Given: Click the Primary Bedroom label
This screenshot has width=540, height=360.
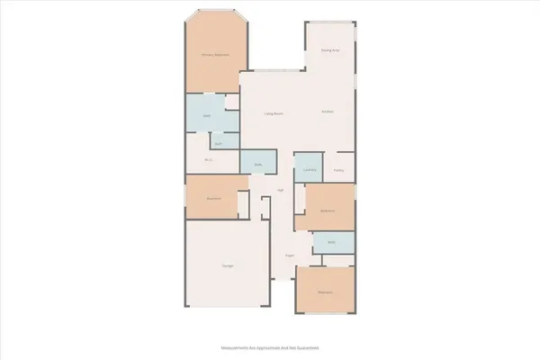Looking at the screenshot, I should tap(214, 55).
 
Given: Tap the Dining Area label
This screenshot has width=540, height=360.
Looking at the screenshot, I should tap(330, 50).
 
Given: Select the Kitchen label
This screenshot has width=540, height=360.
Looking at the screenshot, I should tap(328, 112).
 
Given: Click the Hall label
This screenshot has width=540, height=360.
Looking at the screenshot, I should tap(281, 191).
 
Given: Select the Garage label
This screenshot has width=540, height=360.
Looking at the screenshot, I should tap(229, 265).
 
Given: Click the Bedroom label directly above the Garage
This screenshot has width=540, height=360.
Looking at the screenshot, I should tap(214, 198).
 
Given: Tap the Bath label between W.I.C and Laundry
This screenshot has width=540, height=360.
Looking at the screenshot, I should tap(257, 165).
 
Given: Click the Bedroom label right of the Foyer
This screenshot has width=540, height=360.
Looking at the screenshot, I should tap(324, 292).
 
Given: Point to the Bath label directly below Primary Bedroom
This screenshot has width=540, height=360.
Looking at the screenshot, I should tap(206, 117).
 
